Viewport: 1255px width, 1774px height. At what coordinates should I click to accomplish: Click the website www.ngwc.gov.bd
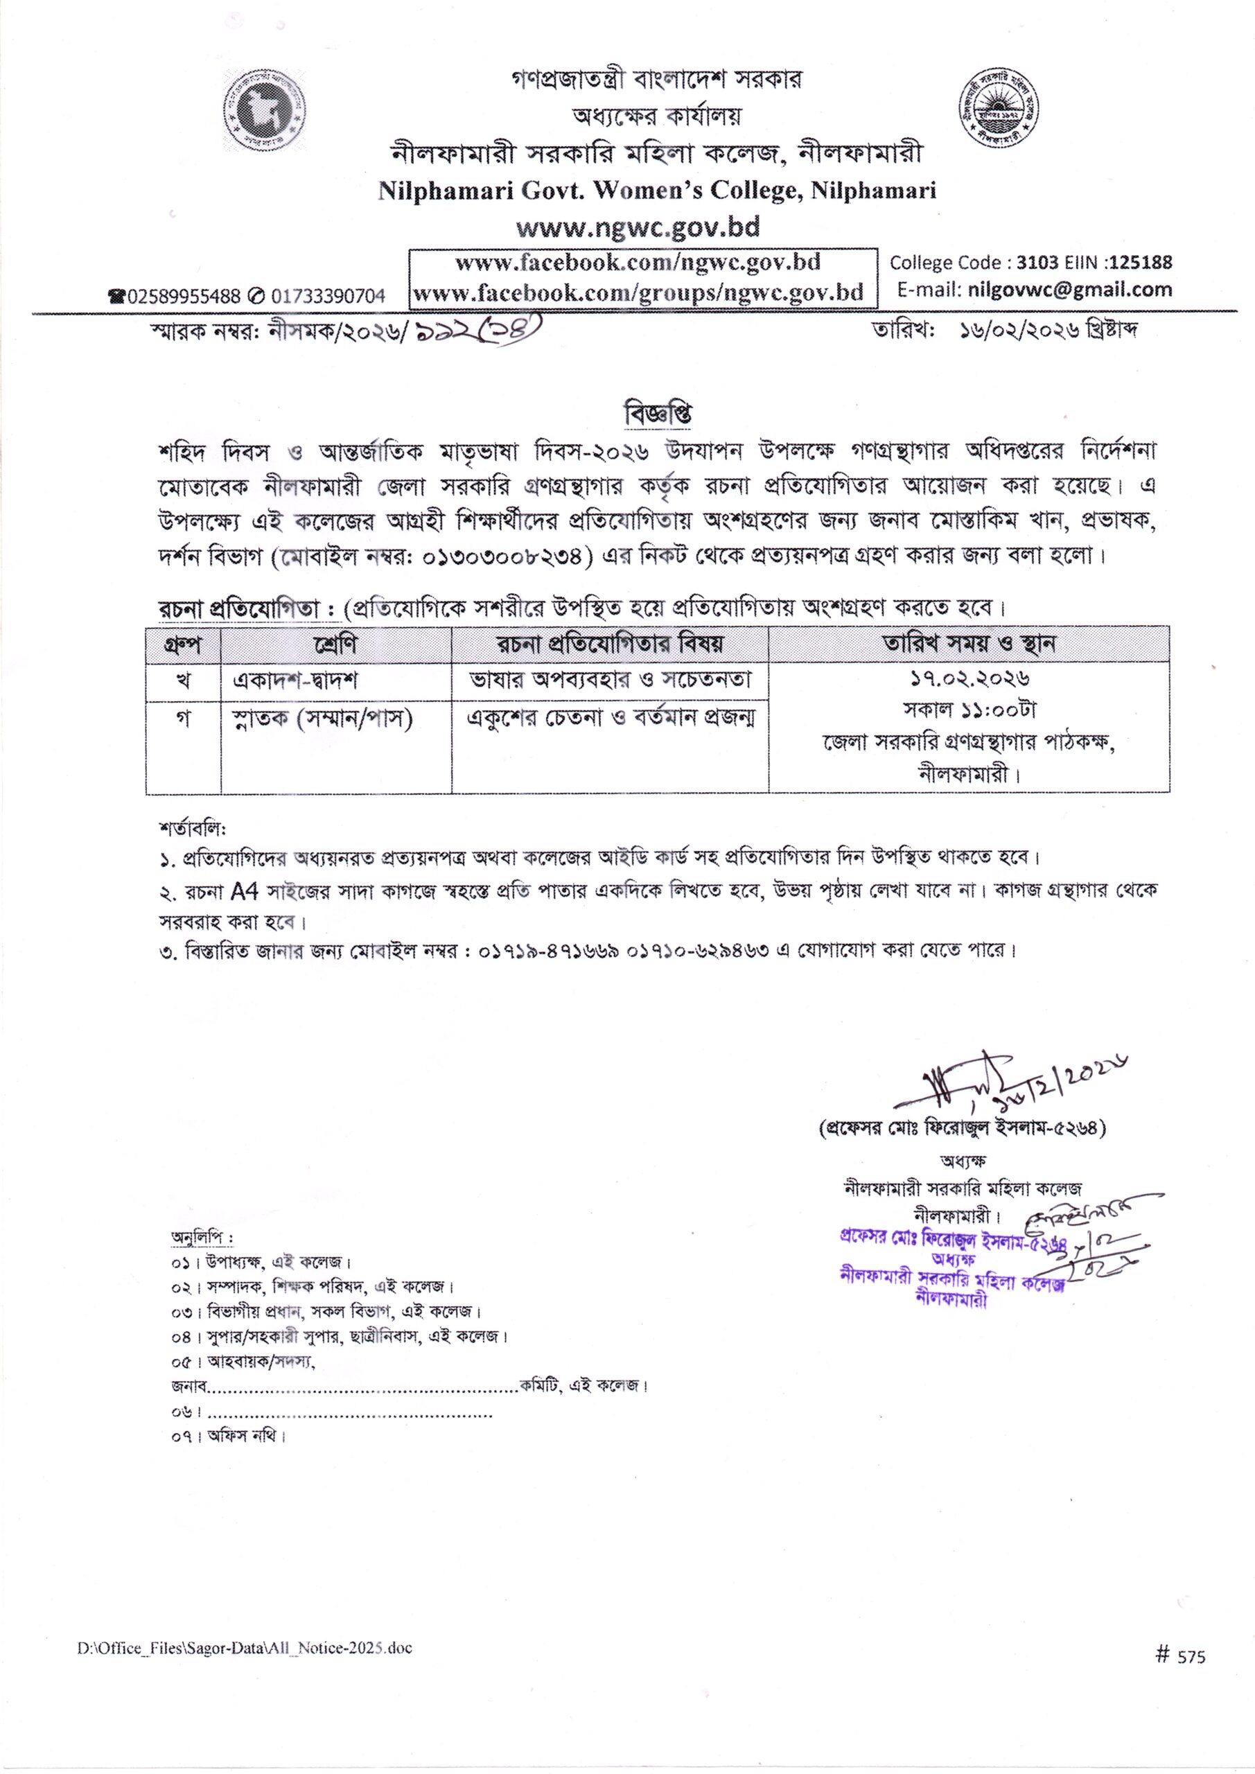pos(638,227)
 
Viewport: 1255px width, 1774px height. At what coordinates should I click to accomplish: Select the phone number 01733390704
pos(328,295)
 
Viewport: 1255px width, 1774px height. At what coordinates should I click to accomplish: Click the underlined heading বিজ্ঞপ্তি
pos(657,414)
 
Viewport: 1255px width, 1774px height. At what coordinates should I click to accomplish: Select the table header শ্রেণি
pos(335,643)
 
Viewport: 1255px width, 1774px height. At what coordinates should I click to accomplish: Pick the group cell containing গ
pos(183,718)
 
